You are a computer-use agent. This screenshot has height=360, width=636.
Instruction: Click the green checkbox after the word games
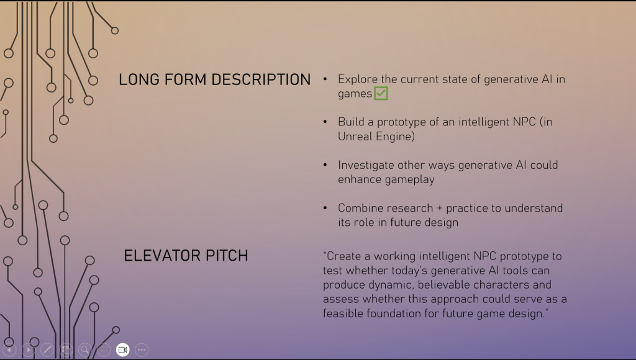click(381, 93)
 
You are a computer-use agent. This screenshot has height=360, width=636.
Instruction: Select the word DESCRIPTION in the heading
click(261, 80)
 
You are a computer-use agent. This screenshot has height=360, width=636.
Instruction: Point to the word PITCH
click(227, 256)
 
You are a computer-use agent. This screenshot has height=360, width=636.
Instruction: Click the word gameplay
click(410, 179)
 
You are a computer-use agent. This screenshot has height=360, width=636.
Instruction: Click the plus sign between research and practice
click(439, 209)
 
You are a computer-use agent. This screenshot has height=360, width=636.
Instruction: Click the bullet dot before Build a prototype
click(325, 122)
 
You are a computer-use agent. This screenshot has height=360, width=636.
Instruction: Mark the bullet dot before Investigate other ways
click(325, 164)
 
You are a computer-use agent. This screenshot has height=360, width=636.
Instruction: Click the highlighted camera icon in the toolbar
click(122, 349)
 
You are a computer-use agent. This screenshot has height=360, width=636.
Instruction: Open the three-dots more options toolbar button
click(142, 349)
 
